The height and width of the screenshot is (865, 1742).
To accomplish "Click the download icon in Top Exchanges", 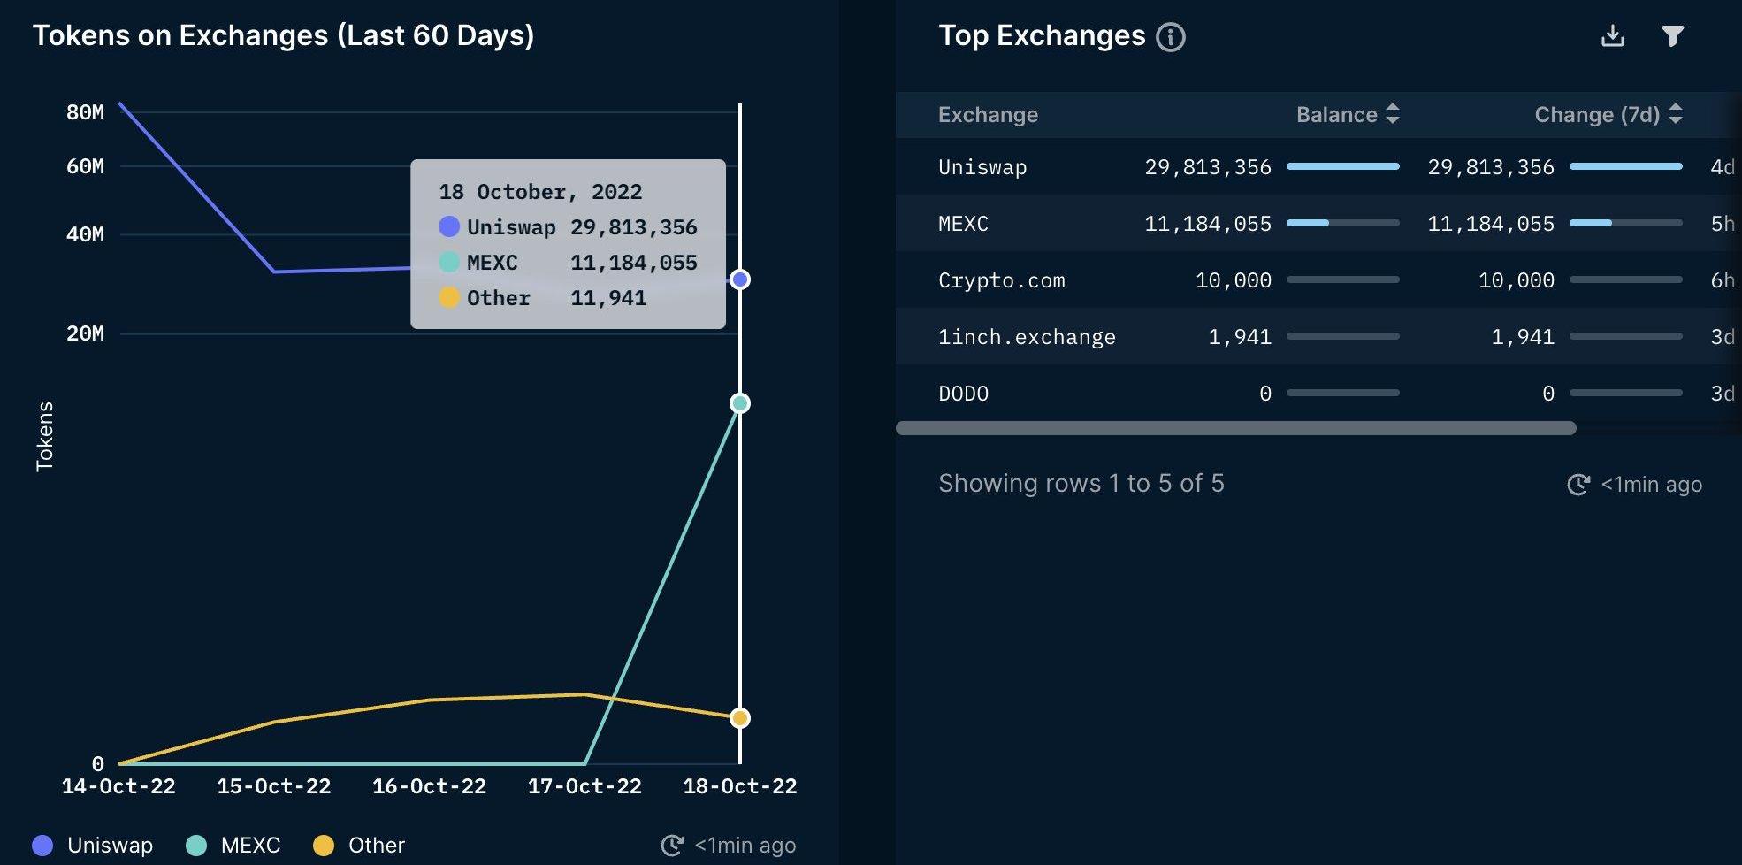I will coord(1612,35).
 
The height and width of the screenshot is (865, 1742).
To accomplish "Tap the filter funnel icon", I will coord(1672,35).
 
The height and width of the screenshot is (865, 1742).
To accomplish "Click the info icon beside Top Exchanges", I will coord(1171,37).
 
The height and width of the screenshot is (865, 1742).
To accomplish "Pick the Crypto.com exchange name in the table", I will coord(1001,280).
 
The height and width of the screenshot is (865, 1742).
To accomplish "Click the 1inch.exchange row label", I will coord(1027,337).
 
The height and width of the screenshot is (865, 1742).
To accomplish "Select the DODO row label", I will coord(963,394).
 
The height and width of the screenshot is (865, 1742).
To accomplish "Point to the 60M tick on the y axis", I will coord(85,166).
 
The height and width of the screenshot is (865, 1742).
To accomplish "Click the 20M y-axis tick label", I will coord(85,333).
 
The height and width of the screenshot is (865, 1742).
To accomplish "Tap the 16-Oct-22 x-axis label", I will coord(429,786).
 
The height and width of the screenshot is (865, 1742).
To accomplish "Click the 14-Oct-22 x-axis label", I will coord(118,786).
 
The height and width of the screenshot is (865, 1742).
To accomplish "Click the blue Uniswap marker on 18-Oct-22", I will coord(740,279).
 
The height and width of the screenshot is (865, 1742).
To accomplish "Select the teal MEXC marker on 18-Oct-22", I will coord(740,403).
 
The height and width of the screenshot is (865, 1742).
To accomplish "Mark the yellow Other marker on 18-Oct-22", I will coord(740,718).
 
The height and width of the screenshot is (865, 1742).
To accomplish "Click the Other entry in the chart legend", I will coord(360,846).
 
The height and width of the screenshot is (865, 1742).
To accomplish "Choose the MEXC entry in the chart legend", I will coord(234,846).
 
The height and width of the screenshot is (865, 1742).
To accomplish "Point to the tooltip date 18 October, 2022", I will coord(540,192).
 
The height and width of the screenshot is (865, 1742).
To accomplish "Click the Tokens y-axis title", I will coord(45,436).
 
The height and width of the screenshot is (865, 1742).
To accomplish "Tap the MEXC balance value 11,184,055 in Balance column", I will coord(1207,224).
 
